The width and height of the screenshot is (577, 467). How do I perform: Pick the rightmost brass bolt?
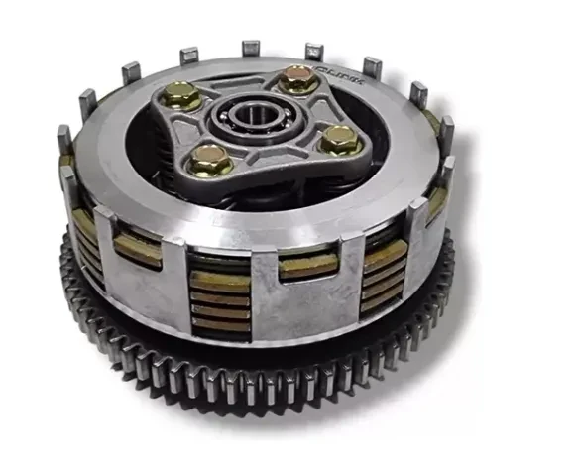[340, 142]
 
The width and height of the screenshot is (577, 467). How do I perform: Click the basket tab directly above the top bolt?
[314, 51]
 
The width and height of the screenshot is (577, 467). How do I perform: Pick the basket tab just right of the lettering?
[373, 67]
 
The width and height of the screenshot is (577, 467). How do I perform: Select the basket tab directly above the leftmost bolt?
[130, 72]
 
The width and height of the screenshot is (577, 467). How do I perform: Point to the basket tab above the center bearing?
[251, 47]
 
